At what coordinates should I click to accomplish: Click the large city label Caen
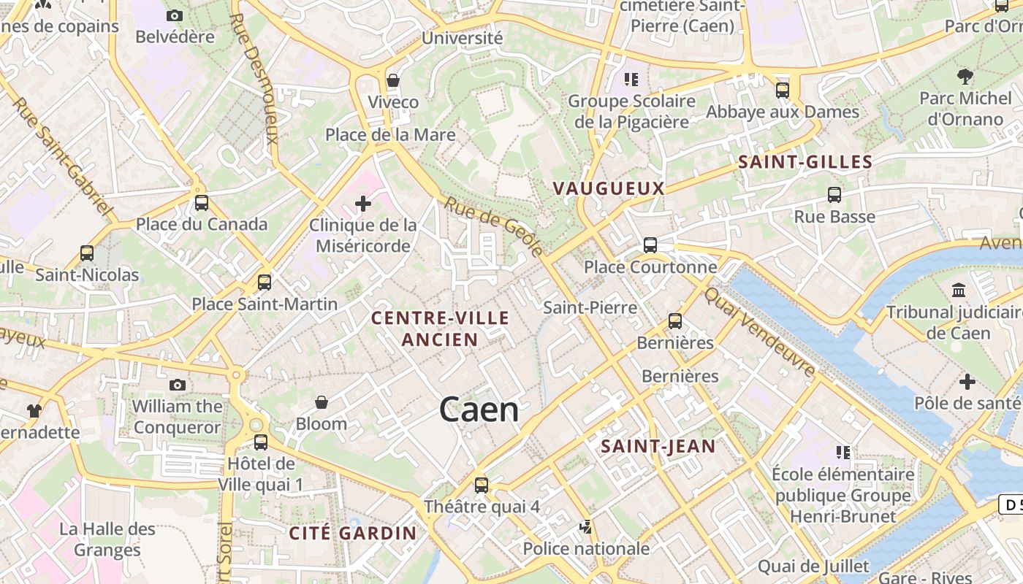coord(479,410)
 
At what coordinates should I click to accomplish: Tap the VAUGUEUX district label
coord(608,188)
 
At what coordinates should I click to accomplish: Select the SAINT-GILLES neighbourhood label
coord(805,162)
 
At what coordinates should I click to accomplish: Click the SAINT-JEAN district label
coord(658,446)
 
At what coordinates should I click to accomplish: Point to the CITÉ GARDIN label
coord(352,533)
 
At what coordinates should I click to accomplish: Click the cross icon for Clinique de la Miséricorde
coord(363,203)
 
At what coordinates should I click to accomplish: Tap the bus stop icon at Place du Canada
coord(201,203)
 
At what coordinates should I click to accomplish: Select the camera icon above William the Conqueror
coord(177,385)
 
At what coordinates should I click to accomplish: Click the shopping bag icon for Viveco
coord(393,80)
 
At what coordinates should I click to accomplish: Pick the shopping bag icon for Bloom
coord(321,402)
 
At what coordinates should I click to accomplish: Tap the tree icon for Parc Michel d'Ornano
coord(965,76)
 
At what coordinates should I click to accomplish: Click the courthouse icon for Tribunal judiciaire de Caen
coord(959,291)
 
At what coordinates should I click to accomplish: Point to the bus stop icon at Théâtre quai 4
coord(481,485)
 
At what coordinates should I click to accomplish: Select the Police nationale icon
coord(585,526)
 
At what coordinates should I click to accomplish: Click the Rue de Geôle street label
coord(494,226)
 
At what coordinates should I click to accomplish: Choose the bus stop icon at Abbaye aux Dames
coord(782,91)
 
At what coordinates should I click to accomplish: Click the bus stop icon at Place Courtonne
coord(650,245)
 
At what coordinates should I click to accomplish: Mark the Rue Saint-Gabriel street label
coord(64,158)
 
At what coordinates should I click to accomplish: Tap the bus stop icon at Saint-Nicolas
coord(87,253)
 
